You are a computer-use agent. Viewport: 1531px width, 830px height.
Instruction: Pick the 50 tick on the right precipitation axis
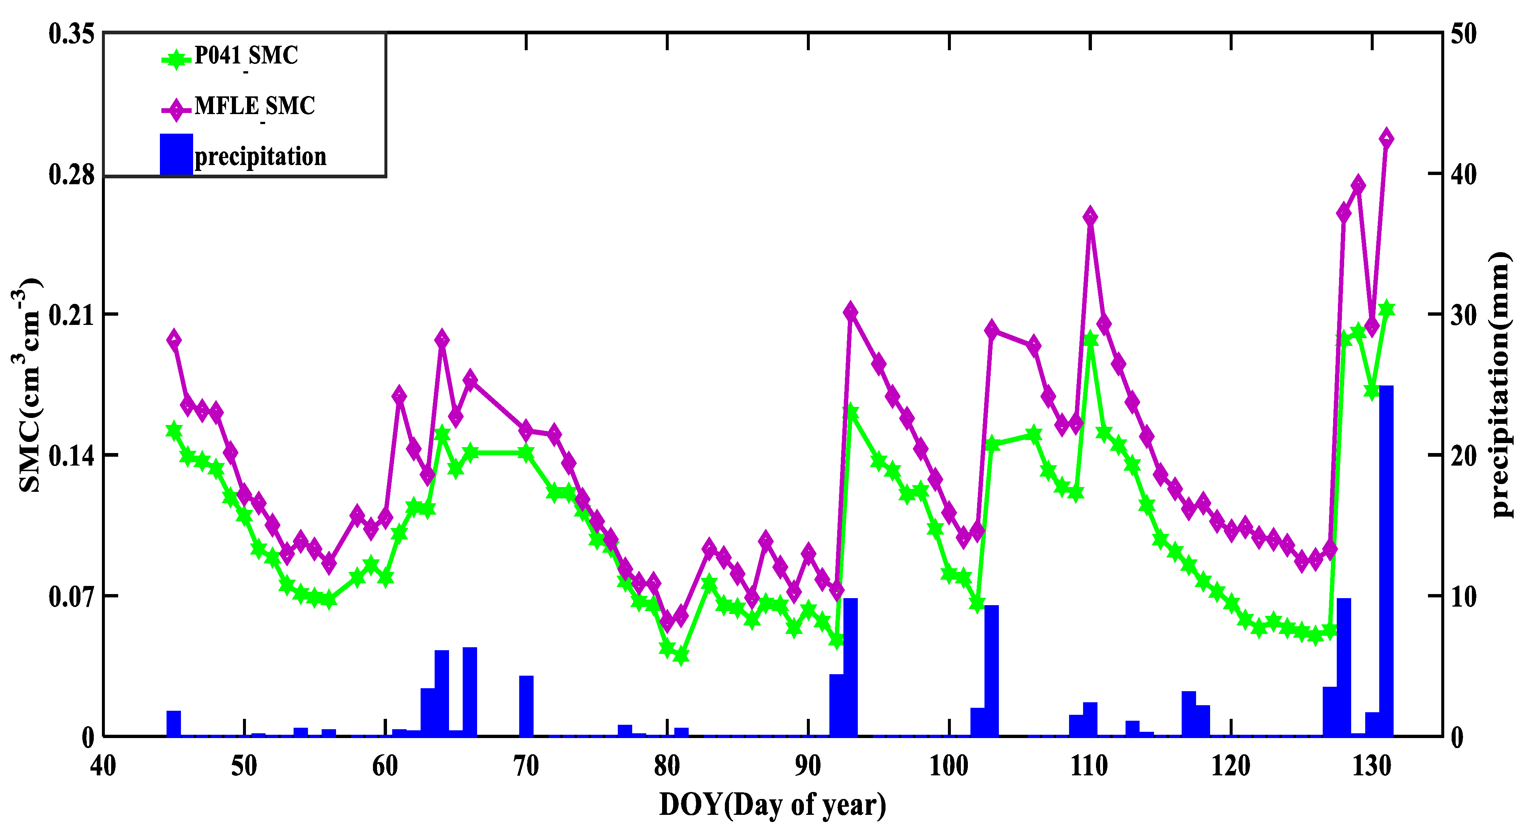click(1463, 34)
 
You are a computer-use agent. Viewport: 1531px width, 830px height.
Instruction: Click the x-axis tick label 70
click(526, 766)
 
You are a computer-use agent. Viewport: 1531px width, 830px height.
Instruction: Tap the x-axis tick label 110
click(1089, 766)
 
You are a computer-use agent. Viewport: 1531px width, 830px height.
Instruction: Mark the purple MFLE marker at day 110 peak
click(1090, 217)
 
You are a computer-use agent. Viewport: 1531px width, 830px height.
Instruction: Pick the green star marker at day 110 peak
click(1090, 339)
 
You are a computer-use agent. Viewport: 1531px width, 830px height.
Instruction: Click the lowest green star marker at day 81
click(681, 656)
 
